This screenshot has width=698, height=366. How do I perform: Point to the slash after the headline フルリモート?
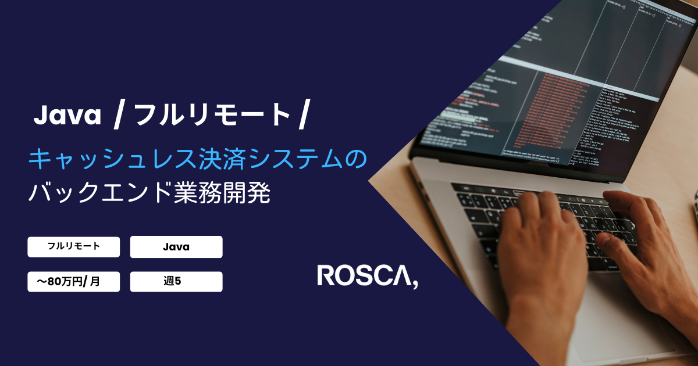pos(302,115)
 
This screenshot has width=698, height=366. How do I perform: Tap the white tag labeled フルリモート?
pos(73,246)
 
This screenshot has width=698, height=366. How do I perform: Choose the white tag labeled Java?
pos(176,247)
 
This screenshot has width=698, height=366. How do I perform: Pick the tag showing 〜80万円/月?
pos(73,282)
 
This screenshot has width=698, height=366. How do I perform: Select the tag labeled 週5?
pos(176,282)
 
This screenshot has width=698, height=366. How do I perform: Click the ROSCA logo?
pos(367,276)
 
